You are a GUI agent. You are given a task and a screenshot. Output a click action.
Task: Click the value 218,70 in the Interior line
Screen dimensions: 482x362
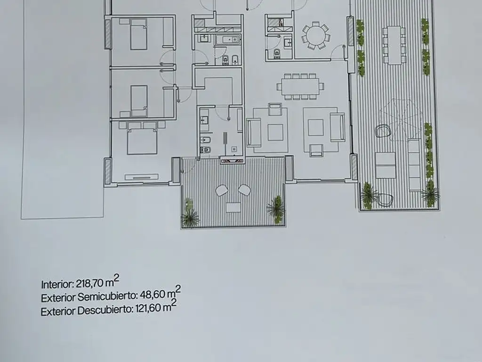point(89,283)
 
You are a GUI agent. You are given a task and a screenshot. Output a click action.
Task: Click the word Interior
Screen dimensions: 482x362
point(57,284)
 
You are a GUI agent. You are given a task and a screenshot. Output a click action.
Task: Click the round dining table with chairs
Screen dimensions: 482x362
point(316,35)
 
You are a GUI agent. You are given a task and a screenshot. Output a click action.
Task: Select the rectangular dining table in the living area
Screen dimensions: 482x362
point(300,87)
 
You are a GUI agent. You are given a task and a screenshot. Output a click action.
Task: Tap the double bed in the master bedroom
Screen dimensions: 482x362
point(142,141)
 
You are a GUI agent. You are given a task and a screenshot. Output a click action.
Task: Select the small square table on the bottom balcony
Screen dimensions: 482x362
point(233,207)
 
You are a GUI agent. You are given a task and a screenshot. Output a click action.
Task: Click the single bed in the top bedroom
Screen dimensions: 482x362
point(138,34)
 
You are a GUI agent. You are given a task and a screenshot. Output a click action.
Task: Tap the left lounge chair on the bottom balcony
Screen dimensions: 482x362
point(222,190)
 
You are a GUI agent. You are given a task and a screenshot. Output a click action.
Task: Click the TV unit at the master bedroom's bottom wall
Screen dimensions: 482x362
point(142,177)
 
